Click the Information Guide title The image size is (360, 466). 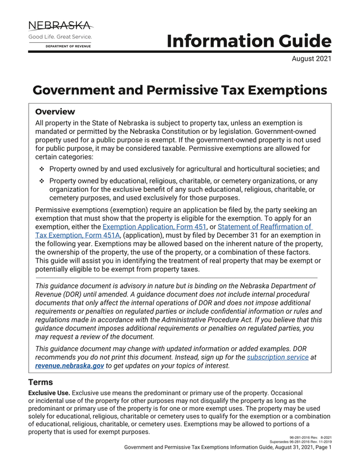(x=249, y=41)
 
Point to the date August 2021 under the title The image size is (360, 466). (x=311, y=59)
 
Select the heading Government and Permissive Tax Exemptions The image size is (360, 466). (x=179, y=90)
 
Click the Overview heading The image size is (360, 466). (x=55, y=111)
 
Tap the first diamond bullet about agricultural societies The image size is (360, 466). (x=42, y=169)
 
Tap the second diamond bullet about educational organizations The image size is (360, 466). (x=42, y=181)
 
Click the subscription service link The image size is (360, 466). (x=277, y=357)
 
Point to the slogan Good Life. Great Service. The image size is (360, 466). (x=60, y=37)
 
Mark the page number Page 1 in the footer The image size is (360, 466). (x=321, y=447)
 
